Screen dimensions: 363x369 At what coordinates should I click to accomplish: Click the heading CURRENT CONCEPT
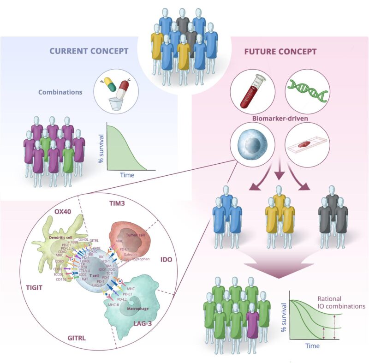coord(88,50)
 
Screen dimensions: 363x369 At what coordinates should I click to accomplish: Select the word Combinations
coord(61,92)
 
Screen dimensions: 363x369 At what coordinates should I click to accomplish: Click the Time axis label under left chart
coord(127,176)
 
